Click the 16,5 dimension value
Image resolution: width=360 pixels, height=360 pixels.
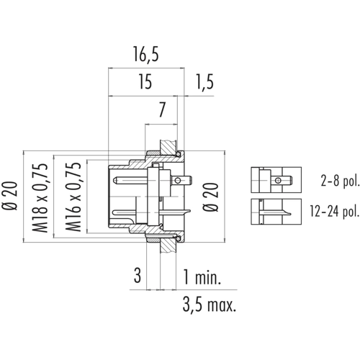[x=146, y=55]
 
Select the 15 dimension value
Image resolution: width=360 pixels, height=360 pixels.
[x=145, y=82]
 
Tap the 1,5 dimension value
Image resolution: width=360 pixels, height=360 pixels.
[x=204, y=82]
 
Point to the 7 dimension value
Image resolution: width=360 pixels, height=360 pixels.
[x=162, y=110]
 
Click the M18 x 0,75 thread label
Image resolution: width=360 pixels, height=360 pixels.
[x=40, y=198]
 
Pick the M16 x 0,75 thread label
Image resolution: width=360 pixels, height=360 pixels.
[x=73, y=197]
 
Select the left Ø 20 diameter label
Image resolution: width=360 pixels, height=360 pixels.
[x=10, y=196]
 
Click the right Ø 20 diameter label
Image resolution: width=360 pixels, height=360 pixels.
[x=211, y=197]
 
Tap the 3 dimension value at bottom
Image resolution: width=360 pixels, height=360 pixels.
[x=138, y=276]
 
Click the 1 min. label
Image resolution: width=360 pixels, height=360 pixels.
[x=202, y=276]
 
